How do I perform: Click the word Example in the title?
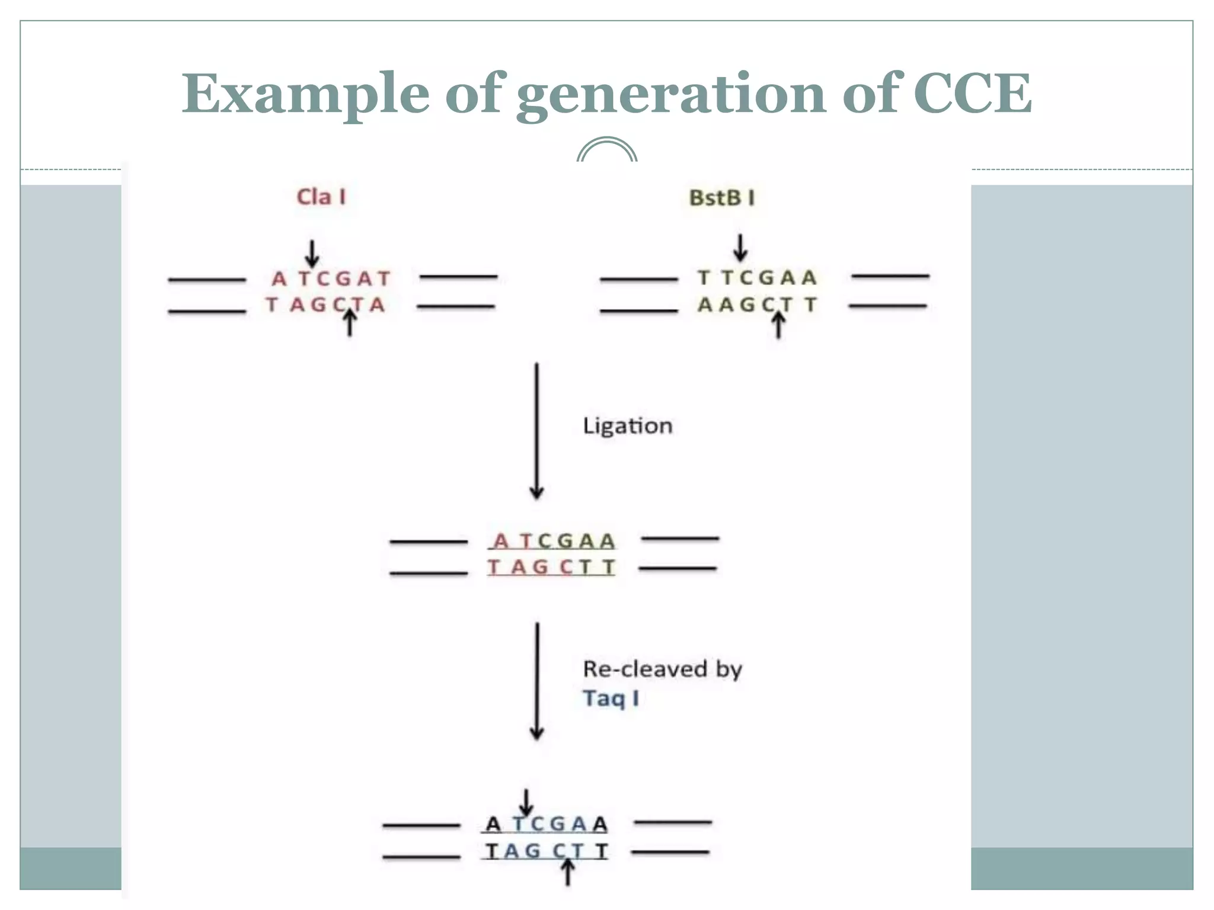[x=305, y=95]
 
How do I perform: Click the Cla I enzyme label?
[x=321, y=197]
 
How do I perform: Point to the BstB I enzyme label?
[x=721, y=198]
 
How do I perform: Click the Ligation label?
[x=627, y=426]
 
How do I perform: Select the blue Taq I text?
[x=611, y=698]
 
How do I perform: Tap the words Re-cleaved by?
[x=662, y=669]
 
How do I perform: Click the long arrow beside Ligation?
[x=537, y=431]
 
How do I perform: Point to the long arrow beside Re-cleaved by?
[x=537, y=681]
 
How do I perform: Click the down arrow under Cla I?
[x=312, y=254]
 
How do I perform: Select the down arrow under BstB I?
[x=740, y=248]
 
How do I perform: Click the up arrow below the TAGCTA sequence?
[x=350, y=323]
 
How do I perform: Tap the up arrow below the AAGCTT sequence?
[x=778, y=325]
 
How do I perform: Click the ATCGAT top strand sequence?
[x=331, y=278]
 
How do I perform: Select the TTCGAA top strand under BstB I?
[x=757, y=277]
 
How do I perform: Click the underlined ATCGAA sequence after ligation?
[x=554, y=541]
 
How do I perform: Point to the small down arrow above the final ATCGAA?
[x=526, y=802]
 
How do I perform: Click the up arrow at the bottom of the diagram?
[x=568, y=873]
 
